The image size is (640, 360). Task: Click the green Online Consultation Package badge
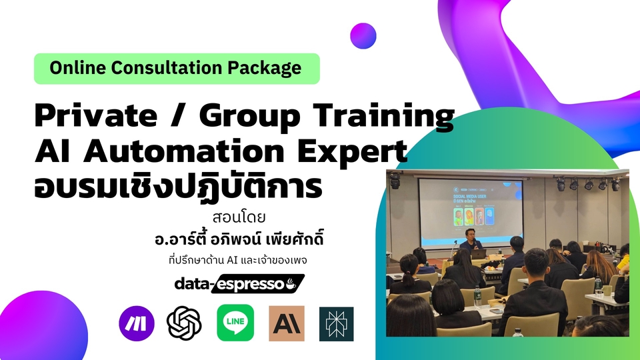(177, 68)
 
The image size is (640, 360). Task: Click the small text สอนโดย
(229, 218)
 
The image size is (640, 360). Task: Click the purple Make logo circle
(137, 323)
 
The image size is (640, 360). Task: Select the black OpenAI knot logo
(185, 323)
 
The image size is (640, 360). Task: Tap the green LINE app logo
(235, 323)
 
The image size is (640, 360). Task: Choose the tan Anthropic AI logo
(287, 323)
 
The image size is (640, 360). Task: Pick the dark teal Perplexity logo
(337, 323)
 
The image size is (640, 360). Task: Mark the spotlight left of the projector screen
(395, 180)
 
